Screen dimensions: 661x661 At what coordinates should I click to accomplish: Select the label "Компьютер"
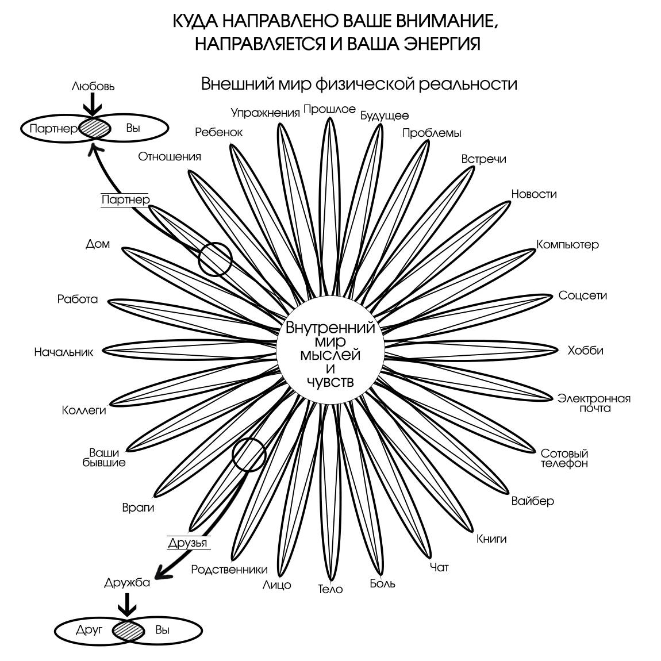[567, 244]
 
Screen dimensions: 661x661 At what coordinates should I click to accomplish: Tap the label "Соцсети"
[582, 295]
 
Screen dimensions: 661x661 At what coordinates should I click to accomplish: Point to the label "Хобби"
[585, 350]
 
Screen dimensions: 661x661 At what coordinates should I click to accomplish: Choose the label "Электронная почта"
[594, 403]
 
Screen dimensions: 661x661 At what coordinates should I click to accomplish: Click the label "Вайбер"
[532, 501]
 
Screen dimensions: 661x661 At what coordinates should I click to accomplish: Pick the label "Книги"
[491, 539]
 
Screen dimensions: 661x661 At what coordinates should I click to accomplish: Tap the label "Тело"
[330, 589]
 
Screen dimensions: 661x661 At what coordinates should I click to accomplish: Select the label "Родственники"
[229, 570]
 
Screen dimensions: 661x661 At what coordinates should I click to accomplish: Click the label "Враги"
[138, 508]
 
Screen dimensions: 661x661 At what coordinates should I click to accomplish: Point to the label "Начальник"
[63, 352]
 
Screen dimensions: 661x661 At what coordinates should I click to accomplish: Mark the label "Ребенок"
[218, 132]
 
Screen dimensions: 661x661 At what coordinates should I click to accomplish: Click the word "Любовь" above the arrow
[93, 87]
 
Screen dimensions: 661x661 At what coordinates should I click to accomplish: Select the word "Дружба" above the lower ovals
[127, 582]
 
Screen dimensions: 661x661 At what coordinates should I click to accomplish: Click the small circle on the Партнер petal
[215, 259]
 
